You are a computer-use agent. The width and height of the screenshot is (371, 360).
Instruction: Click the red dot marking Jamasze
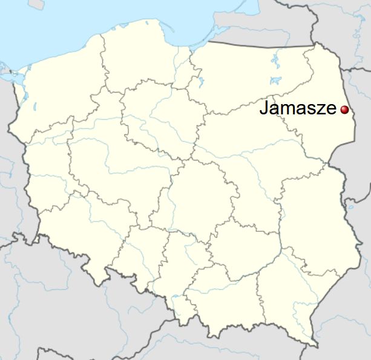(344, 110)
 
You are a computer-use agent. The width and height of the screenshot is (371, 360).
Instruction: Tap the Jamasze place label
(298, 109)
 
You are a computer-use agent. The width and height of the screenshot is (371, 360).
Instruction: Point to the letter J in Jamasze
(264, 109)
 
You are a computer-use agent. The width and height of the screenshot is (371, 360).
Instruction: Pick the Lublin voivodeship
(309, 218)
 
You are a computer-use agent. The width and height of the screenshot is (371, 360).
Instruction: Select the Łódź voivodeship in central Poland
(194, 194)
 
